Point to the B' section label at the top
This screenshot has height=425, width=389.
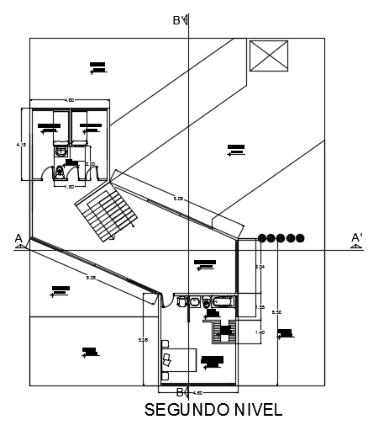[x=179, y=20]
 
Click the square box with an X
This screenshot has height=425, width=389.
[x=269, y=60]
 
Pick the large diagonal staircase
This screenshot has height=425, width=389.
[x=107, y=213]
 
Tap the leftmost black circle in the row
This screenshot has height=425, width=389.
[x=263, y=239]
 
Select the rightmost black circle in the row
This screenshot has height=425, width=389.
[x=300, y=239]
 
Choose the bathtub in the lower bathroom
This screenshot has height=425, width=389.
[x=225, y=301]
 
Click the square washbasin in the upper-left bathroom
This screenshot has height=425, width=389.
[x=60, y=152]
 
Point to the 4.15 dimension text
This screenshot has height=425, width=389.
[x=21, y=145]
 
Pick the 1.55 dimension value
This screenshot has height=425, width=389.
[x=260, y=307]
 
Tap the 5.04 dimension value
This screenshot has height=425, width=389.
[x=260, y=268]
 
